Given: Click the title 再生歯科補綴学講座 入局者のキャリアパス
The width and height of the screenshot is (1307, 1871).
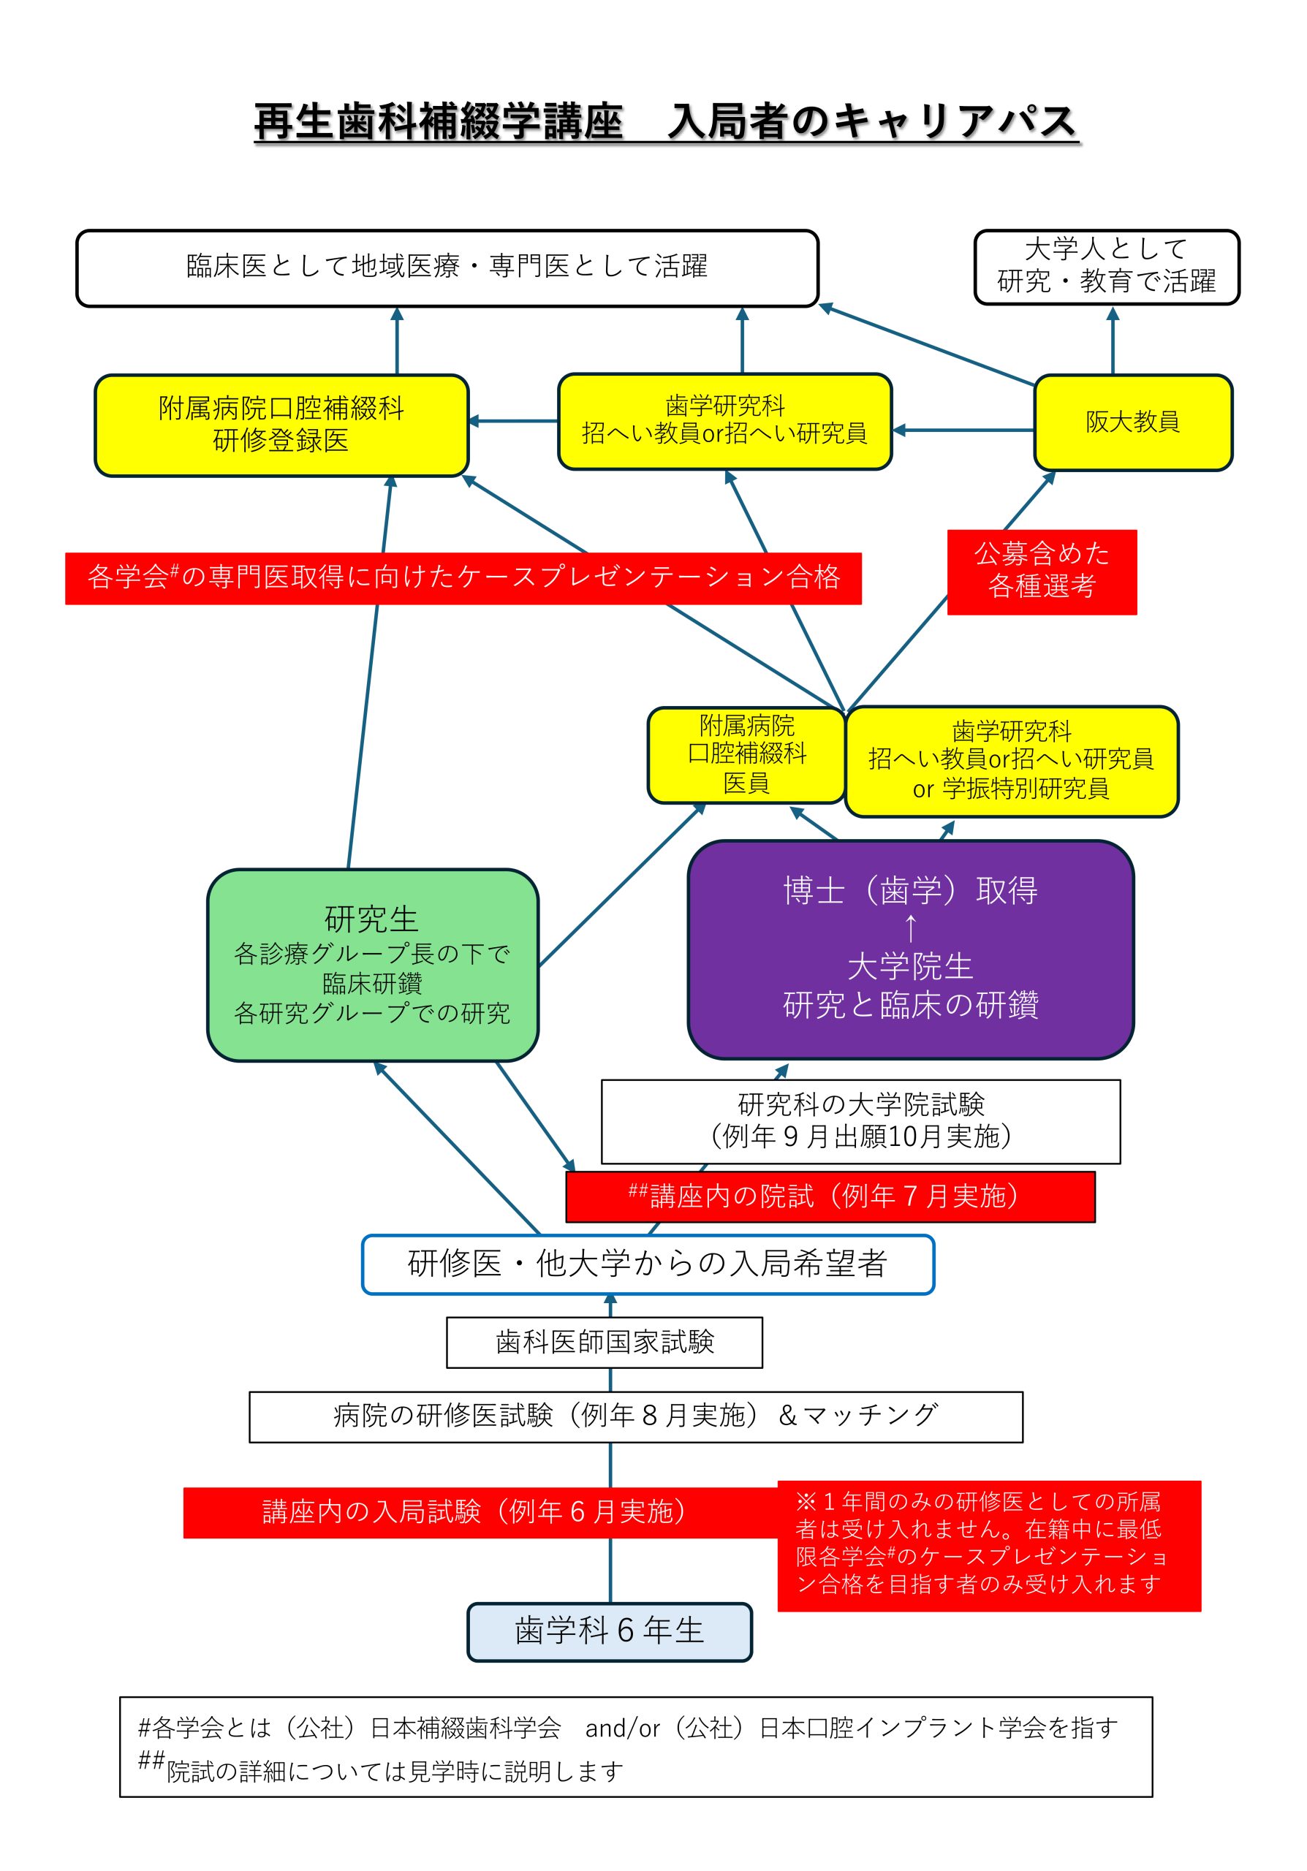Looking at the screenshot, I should point(666,122).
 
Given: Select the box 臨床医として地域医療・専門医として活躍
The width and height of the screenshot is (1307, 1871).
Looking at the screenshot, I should point(447,267).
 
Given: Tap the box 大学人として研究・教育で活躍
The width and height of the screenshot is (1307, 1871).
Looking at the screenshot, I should point(1106,267).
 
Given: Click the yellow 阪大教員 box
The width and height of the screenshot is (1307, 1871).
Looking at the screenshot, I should point(1132,422).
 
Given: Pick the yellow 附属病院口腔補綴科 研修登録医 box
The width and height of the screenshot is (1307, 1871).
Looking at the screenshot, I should point(281,425).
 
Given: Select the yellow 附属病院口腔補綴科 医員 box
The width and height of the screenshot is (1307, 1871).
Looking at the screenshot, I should point(746,754).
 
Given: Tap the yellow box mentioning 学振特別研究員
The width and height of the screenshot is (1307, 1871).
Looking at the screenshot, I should point(1011,761).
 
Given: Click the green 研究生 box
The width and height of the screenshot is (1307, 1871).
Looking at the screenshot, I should point(372,965).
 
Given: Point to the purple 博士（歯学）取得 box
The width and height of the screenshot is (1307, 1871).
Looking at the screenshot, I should point(910,949).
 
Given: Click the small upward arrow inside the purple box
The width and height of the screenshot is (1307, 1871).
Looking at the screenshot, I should point(910,928).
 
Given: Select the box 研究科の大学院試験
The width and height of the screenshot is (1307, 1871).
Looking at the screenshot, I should point(860,1121).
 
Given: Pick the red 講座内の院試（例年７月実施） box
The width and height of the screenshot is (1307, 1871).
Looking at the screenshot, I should point(830,1196).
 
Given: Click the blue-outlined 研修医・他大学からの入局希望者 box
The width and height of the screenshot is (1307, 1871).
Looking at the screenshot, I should point(647,1264).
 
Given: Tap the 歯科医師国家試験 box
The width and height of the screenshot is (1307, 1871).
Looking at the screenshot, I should point(604,1342).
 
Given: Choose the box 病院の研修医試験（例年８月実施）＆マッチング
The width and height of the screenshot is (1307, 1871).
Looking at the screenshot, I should point(635,1416).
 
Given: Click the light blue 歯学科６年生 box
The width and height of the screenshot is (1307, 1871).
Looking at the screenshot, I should point(609,1631).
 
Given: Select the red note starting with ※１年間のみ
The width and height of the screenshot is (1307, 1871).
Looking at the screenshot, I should point(988,1545).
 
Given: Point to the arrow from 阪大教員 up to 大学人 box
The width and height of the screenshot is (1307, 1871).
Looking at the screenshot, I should point(1113,341).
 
